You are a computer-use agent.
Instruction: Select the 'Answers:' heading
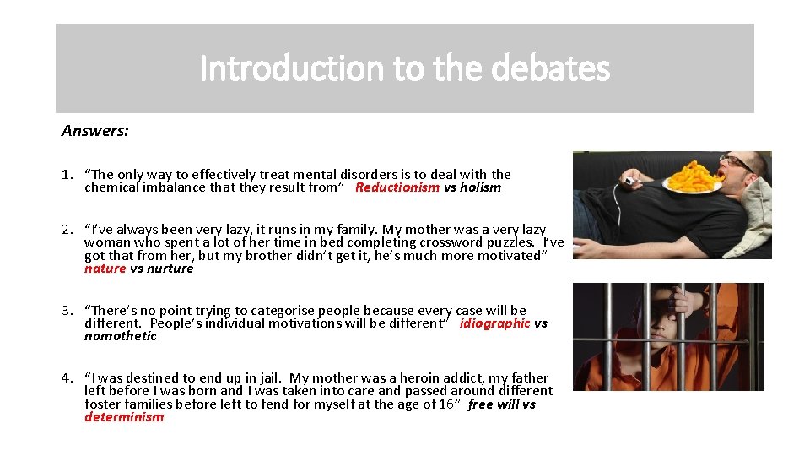94,131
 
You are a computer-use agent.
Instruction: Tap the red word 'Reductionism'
397,187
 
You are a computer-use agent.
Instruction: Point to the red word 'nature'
105,269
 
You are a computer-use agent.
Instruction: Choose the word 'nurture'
170,269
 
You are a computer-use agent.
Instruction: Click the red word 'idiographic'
495,323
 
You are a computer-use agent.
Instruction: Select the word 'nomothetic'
121,336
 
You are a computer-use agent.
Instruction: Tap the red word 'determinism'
124,417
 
